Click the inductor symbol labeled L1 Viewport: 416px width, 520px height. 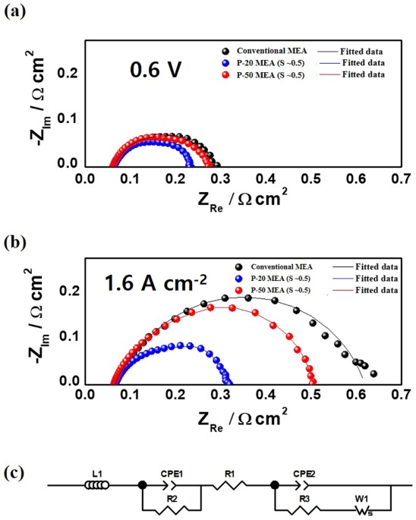pyautogui.click(x=97, y=487)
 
